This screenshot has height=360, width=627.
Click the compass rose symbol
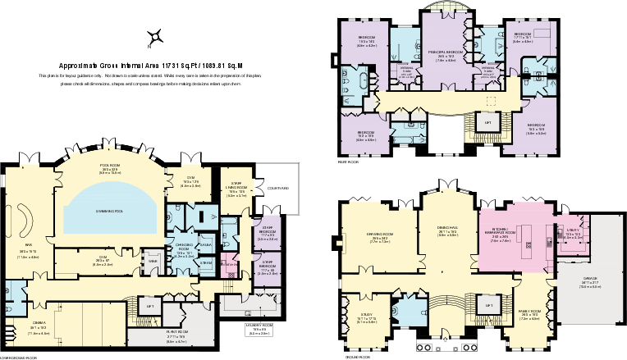(153, 36)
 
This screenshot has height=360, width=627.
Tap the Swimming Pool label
(109, 212)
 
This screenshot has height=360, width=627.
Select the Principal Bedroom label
(446, 52)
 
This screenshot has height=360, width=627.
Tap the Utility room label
(572, 230)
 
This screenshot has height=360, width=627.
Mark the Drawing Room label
(378, 235)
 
